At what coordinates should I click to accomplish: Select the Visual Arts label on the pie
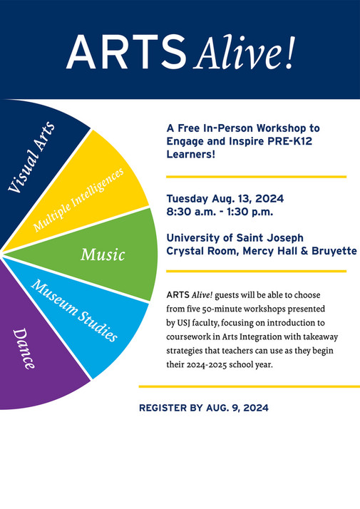(x=35, y=157)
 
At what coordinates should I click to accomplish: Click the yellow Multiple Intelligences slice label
(x=78, y=200)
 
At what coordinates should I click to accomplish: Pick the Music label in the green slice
(x=103, y=254)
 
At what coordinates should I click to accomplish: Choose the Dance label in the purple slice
(x=25, y=349)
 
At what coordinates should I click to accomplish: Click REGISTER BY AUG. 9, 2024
(x=204, y=408)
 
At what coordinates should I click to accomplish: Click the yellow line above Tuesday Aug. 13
(x=256, y=176)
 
